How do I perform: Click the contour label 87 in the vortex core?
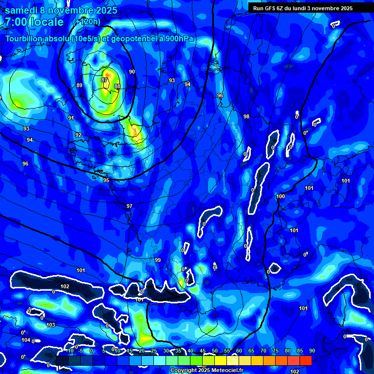(104, 80)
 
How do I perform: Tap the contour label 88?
(117, 86)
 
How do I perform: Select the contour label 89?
(79, 85)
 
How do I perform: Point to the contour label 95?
(106, 180)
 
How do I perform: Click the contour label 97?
(130, 206)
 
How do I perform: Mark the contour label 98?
(246, 116)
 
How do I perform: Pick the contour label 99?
(158, 260)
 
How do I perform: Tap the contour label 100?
(280, 196)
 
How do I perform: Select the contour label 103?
(51, 324)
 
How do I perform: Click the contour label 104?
(26, 340)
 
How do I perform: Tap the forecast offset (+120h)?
(87, 22)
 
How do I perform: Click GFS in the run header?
(271, 8)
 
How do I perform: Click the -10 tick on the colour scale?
(70, 351)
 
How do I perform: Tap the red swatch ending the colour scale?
(306, 360)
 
